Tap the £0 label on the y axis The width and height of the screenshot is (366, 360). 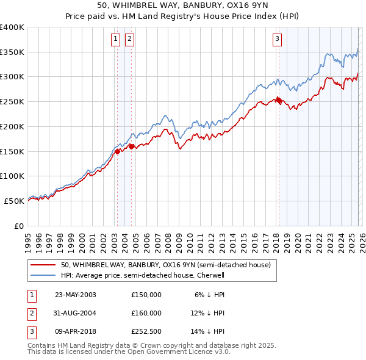coord(18,225)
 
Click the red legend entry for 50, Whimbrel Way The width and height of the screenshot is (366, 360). coord(169,265)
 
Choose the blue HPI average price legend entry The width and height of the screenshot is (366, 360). coord(143,275)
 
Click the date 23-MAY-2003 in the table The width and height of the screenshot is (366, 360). coord(76,295)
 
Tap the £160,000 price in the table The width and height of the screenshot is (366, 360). coord(146,313)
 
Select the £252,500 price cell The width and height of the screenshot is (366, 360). coord(146,331)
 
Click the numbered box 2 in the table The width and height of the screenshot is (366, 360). coord(31,313)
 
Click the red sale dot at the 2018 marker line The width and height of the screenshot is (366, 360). coord(279,101)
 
